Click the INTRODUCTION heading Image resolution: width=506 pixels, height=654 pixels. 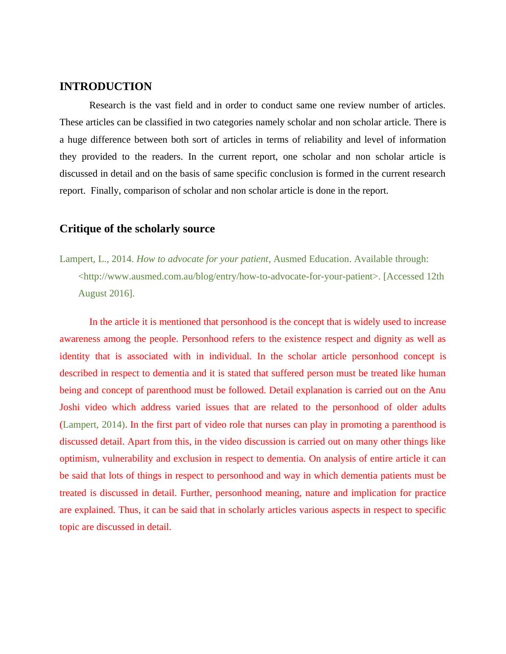pyautogui.click(x=105, y=87)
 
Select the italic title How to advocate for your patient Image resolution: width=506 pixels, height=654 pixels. pyautogui.click(x=202, y=259)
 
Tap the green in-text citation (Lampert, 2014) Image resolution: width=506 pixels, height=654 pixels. pyautogui.click(x=94, y=425)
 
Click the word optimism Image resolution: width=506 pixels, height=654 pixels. pyautogui.click(x=79, y=459)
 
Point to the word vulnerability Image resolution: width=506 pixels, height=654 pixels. pyautogui.click(x=128, y=459)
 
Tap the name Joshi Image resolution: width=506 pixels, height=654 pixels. pyautogui.click(x=70, y=407)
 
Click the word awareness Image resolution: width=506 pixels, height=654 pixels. pyautogui.click(x=80, y=339)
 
